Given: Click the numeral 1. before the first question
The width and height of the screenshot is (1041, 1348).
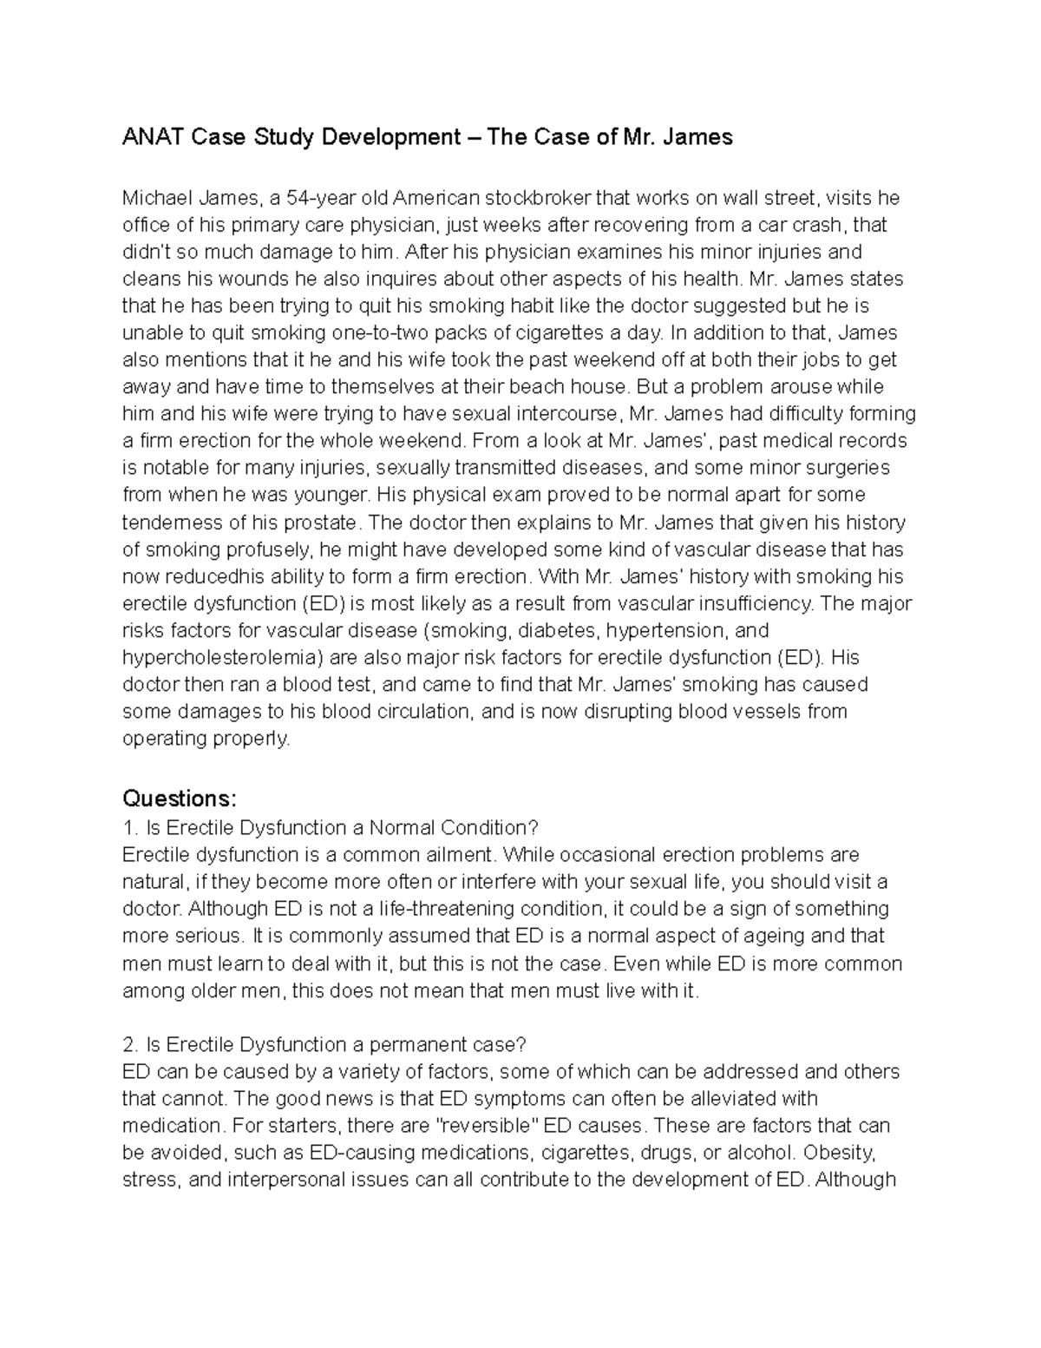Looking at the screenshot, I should pos(128,827).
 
